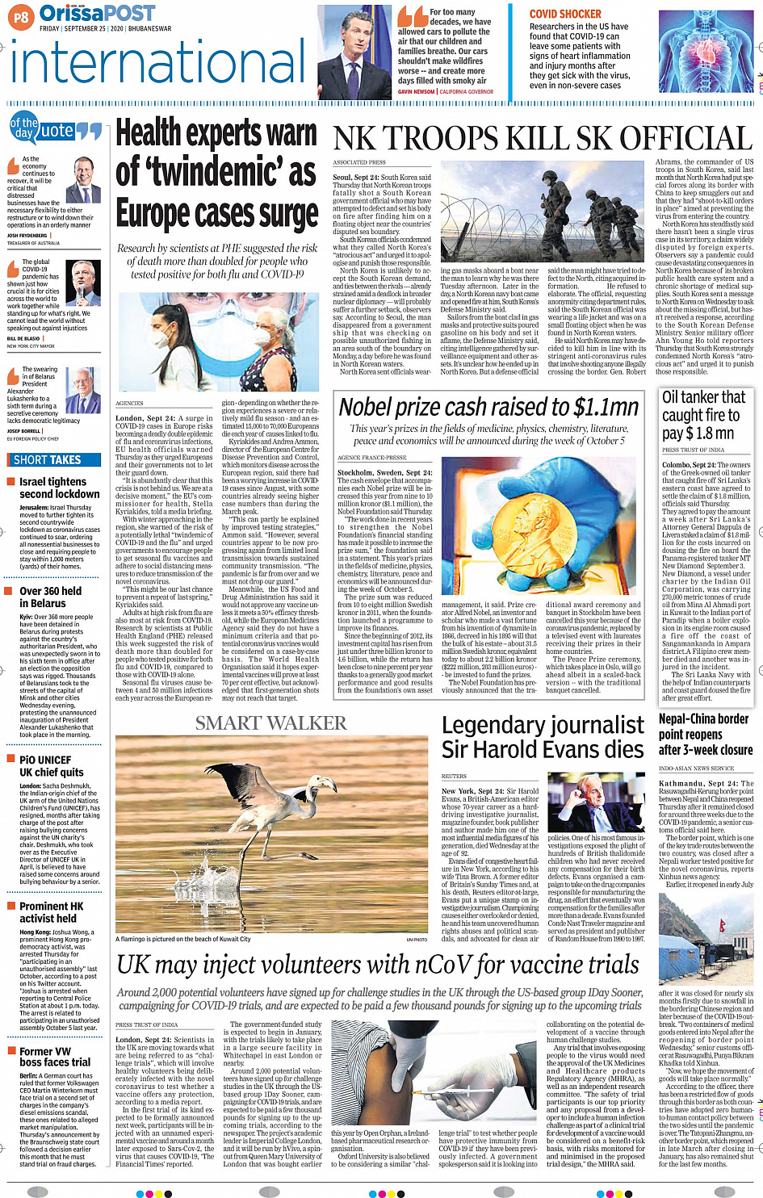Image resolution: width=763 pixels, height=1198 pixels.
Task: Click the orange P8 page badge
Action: pos(20,16)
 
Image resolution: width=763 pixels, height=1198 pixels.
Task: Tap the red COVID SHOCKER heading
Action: pos(565,14)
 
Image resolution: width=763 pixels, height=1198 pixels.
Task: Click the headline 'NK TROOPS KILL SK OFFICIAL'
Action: pos(543,139)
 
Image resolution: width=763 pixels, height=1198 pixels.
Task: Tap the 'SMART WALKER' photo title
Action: pos(270,723)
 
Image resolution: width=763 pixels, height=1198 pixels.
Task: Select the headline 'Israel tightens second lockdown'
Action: pos(59,488)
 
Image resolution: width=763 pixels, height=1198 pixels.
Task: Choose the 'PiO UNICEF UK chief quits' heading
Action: pos(52,766)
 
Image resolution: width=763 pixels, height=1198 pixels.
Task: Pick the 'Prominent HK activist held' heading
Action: pos(52,912)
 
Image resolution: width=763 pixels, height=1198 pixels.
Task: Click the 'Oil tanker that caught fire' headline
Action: pos(702,414)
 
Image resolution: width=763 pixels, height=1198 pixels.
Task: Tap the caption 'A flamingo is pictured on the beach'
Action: pos(183,939)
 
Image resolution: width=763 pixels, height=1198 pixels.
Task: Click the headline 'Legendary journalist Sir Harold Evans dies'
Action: pos(543,737)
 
